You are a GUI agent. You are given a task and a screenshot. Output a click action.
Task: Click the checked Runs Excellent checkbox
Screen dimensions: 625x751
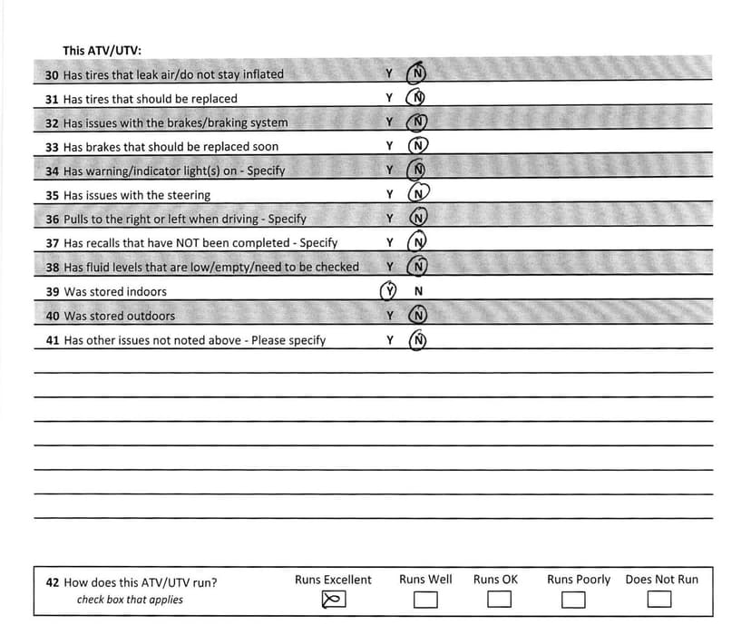click(x=334, y=600)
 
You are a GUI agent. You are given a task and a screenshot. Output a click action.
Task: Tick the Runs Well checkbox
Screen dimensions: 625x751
click(x=425, y=600)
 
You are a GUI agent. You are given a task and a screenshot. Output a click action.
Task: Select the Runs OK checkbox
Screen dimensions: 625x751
click(x=499, y=600)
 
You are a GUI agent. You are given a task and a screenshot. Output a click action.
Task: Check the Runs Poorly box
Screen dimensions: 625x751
click(x=572, y=600)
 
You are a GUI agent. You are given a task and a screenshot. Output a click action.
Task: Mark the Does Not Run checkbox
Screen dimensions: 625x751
click(x=659, y=600)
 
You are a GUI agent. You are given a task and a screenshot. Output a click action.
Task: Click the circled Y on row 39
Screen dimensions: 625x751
click(x=389, y=292)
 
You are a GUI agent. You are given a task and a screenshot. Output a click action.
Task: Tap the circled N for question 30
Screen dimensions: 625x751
click(x=418, y=73)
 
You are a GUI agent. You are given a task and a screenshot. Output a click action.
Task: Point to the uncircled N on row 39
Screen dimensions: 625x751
click(x=418, y=292)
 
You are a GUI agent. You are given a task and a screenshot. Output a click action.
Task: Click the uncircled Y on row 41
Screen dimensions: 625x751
click(x=389, y=340)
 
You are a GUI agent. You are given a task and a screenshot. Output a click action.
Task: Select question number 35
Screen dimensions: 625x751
click(x=52, y=195)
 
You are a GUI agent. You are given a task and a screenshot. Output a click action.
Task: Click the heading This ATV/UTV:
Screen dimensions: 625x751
click(x=102, y=51)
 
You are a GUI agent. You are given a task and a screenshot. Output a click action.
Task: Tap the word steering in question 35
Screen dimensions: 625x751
click(x=188, y=195)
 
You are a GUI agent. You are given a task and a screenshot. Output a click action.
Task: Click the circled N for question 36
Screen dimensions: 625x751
click(x=418, y=219)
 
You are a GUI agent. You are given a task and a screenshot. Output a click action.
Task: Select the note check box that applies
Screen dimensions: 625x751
click(x=130, y=600)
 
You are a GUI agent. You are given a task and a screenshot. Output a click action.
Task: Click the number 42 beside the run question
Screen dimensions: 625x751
click(x=53, y=583)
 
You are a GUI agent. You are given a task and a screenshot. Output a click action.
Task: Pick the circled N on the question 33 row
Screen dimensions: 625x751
click(x=418, y=146)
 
